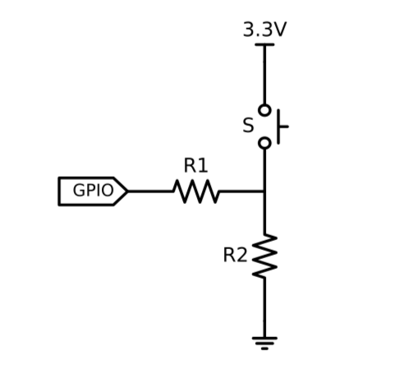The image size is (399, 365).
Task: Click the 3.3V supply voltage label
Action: coord(264,30)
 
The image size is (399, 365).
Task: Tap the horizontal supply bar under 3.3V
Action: coord(264,44)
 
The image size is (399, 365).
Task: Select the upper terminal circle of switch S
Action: coord(264,110)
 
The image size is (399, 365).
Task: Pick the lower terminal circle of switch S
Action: coord(264,143)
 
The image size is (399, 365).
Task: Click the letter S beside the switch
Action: coord(247,127)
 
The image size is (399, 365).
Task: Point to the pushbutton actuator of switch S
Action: coord(285,127)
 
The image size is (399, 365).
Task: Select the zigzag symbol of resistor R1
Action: coord(195,192)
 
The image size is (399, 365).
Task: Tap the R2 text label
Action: coord(235,256)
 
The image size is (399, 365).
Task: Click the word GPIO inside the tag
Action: coord(93,191)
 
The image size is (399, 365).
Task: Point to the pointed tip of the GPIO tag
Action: coord(126,192)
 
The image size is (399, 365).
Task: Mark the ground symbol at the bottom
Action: coord(264,340)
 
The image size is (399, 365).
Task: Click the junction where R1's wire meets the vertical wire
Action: coord(264,192)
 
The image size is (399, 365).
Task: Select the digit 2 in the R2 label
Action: coord(241,256)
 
